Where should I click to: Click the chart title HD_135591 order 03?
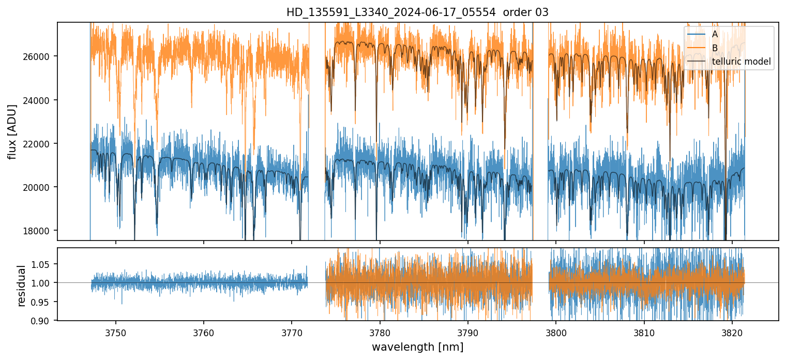417,12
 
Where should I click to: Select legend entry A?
715,34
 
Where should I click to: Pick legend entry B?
715,48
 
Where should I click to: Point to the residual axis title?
22,286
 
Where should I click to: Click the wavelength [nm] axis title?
417,347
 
